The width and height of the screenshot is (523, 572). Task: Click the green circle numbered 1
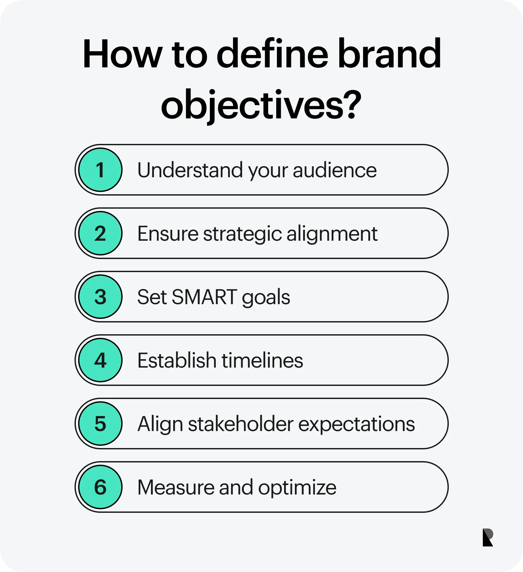point(100,170)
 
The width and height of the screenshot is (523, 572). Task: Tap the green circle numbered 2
point(100,233)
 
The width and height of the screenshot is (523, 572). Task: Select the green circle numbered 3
point(100,297)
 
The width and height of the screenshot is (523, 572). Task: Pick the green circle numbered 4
point(100,360)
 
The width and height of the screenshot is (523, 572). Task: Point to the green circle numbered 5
point(100,424)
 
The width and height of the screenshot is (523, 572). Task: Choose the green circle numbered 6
point(100,487)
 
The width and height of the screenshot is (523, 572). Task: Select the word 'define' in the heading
point(272,54)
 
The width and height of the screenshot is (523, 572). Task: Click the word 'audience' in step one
point(335,170)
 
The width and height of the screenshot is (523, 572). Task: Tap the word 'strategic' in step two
point(243,234)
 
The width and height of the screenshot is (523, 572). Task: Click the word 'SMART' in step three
point(204,297)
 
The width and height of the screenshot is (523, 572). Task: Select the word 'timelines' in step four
point(262,360)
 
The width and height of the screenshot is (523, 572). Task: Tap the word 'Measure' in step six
point(176,487)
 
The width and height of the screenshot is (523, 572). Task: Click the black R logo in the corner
point(487,538)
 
